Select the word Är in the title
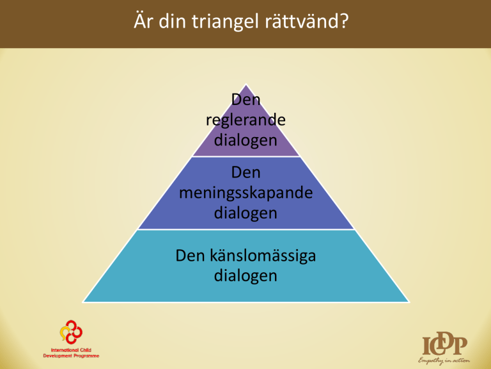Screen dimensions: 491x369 144,20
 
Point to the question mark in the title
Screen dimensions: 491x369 344,20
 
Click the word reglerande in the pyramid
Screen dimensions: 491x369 245,120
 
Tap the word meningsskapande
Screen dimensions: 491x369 245,193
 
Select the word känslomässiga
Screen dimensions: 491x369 263,256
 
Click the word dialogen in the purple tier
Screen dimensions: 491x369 245,140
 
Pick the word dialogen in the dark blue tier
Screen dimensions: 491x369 245,213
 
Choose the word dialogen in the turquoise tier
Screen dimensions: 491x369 245,275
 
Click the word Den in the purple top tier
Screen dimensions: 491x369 245,100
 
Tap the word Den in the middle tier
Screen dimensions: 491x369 245,172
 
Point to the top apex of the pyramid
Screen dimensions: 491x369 245,84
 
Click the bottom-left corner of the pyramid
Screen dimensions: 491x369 82,302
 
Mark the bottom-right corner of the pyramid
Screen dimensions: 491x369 409,302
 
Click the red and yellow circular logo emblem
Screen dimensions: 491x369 71,332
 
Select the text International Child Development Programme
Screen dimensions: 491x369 71,353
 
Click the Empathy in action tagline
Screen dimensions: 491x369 444,361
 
